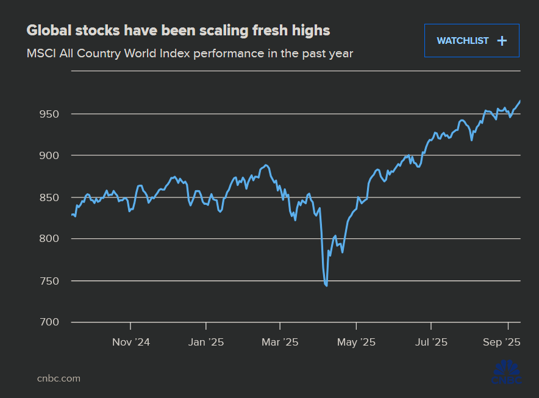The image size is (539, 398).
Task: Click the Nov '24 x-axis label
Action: (131, 342)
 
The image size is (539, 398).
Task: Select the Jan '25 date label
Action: (206, 342)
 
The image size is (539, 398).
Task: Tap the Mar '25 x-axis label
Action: (280, 342)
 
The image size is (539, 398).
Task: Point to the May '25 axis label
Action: (355, 342)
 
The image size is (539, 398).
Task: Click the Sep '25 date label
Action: (501, 342)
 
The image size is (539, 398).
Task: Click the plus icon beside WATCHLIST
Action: (502, 41)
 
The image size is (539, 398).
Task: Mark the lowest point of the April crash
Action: (327, 285)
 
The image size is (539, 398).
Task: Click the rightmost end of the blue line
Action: (520, 101)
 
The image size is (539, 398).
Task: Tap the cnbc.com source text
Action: (59, 378)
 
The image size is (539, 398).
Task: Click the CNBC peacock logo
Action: (506, 373)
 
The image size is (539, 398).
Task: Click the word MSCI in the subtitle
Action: (41, 54)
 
